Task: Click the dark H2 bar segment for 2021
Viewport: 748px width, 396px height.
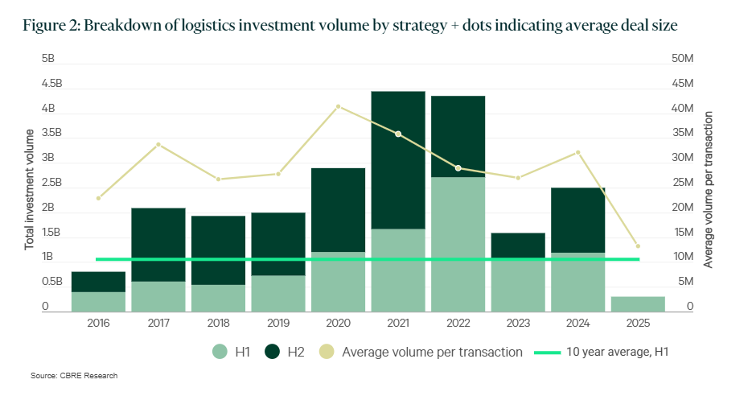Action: click(x=397, y=160)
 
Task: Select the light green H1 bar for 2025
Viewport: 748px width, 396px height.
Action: click(x=638, y=303)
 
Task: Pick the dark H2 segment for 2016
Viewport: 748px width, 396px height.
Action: click(x=98, y=282)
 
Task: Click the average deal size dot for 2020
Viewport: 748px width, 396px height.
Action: click(x=338, y=106)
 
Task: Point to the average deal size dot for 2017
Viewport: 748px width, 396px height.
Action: click(x=158, y=144)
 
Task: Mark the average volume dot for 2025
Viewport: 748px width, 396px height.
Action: click(x=638, y=246)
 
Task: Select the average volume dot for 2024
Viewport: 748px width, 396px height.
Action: click(x=577, y=152)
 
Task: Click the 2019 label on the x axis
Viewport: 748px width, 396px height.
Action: click(x=278, y=324)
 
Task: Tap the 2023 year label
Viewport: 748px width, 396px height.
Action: click(x=518, y=324)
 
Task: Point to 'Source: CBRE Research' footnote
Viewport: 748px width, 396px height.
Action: click(x=74, y=376)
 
